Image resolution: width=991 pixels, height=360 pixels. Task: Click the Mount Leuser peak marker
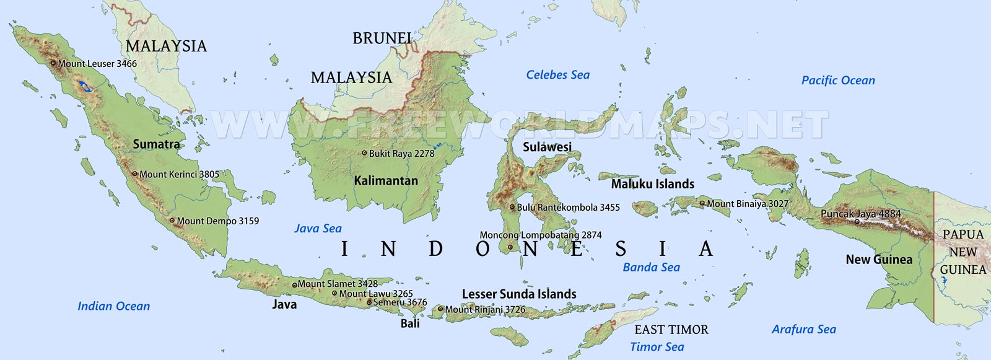53,63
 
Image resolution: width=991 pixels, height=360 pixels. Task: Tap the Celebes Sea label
557,75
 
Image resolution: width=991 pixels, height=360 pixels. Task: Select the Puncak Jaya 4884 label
860,214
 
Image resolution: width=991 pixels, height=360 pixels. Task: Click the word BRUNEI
382,38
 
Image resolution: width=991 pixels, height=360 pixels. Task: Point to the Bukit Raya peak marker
364,153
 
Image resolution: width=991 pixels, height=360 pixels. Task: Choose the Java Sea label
318,229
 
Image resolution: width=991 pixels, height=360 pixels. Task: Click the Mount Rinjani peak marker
440,309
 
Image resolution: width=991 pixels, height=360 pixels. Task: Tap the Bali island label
410,323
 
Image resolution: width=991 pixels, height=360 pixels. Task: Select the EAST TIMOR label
671,330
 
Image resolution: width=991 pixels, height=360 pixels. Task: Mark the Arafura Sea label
803,330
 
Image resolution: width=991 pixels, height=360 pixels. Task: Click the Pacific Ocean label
838,81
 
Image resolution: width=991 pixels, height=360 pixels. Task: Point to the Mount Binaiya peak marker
702,203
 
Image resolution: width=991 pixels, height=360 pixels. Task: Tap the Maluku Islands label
652,184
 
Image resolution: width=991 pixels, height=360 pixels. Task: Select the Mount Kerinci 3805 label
179,175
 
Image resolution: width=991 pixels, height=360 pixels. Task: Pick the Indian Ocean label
113,306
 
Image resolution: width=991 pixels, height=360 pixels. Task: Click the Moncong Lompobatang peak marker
510,247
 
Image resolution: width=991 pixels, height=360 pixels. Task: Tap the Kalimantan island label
386,181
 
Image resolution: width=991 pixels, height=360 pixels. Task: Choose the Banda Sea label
651,268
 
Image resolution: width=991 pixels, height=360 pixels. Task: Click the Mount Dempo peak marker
172,220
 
